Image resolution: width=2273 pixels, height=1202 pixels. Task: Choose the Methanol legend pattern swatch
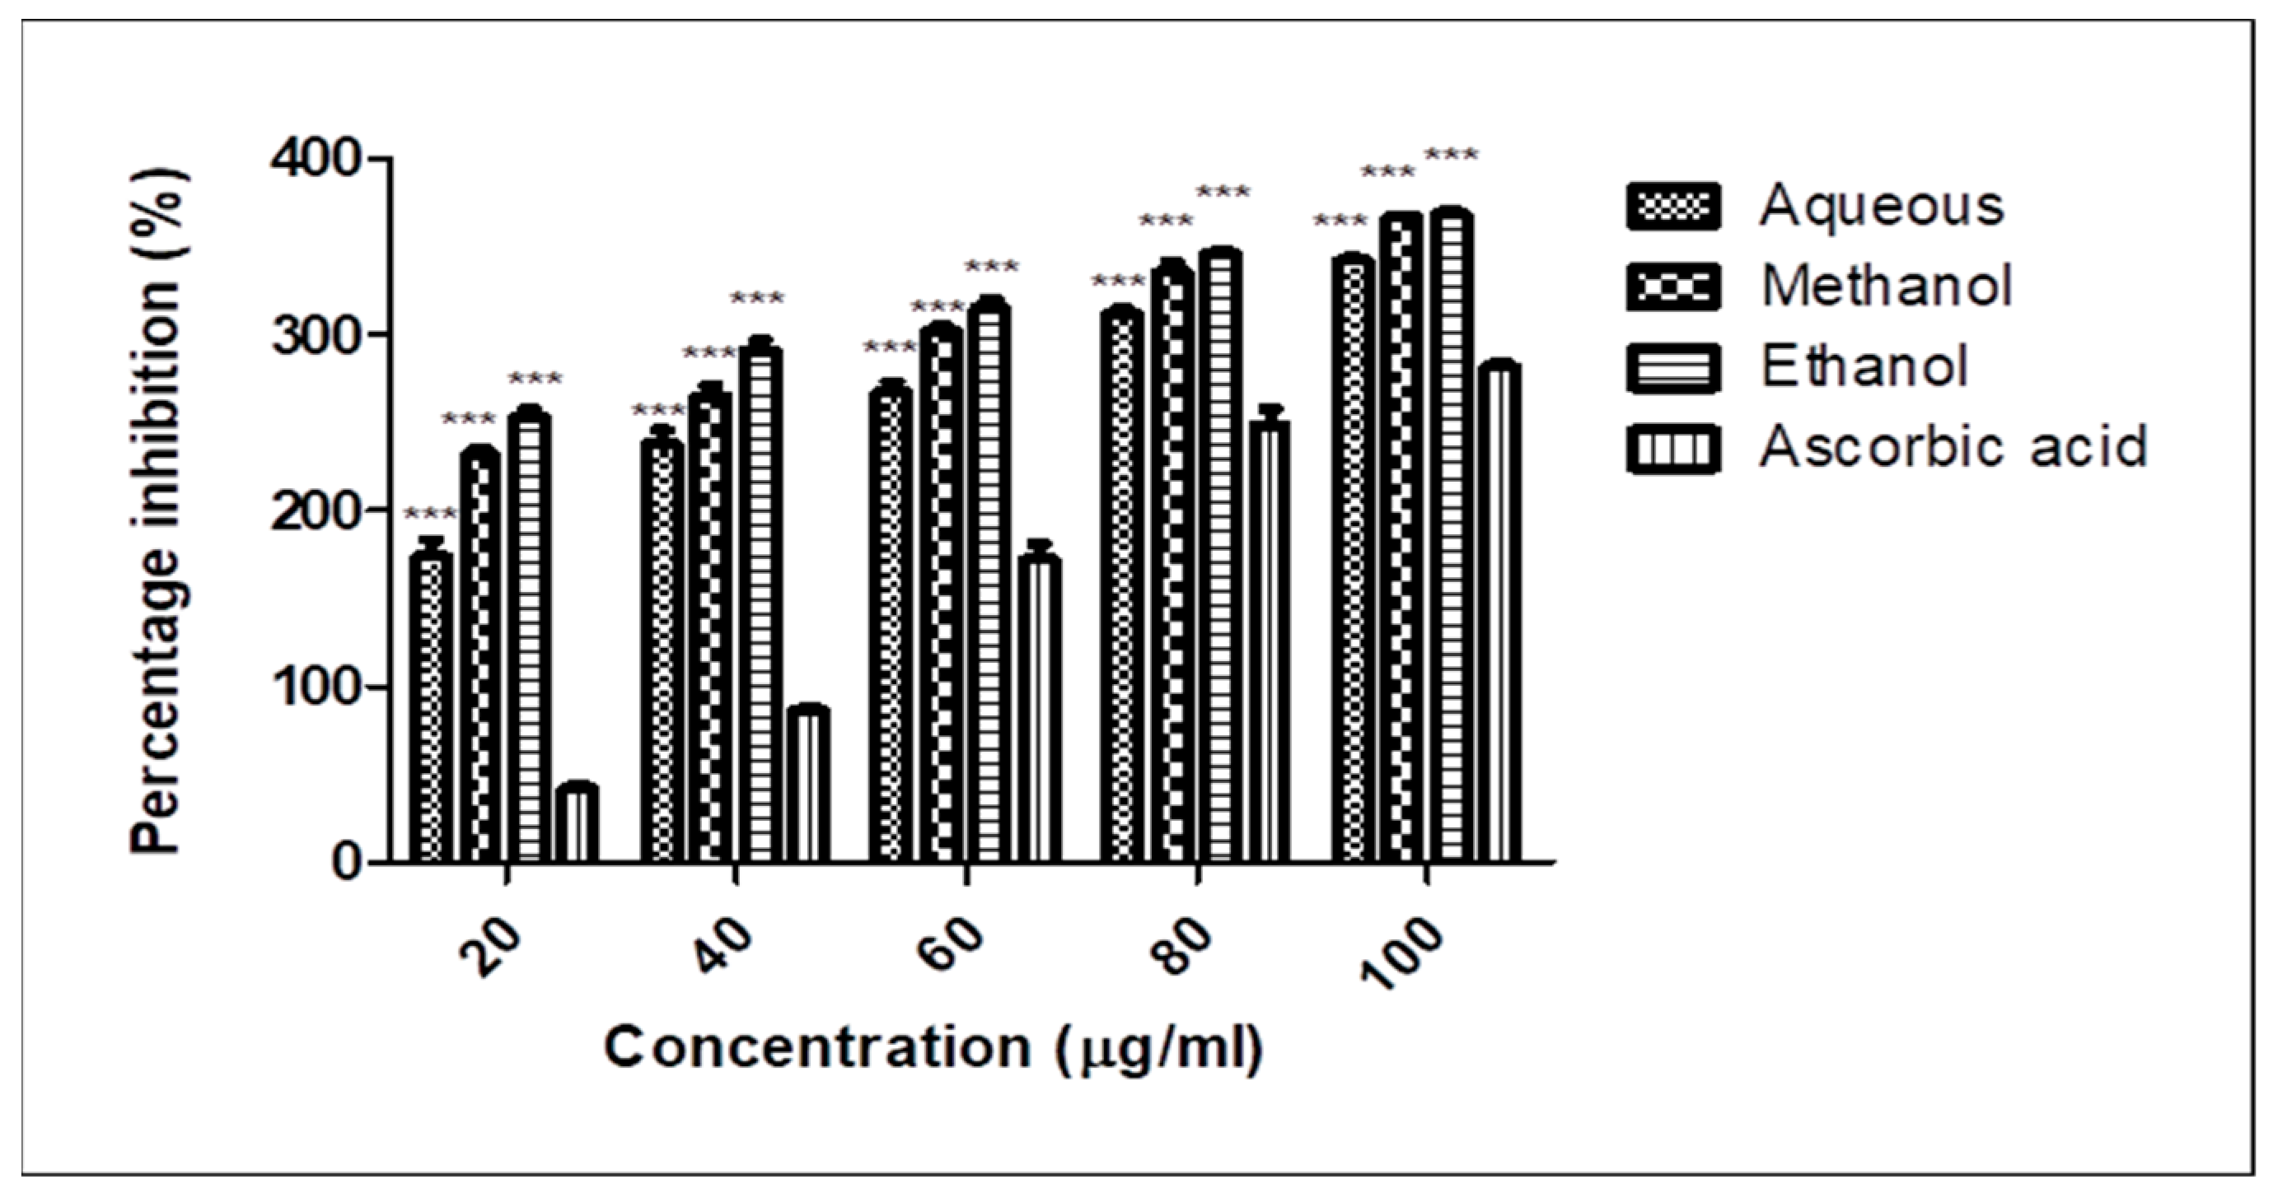(1673, 287)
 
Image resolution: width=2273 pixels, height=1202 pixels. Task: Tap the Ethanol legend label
(1864, 366)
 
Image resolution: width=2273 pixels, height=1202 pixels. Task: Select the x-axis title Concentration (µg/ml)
(933, 1049)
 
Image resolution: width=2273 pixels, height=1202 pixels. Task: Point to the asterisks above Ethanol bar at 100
(1452, 157)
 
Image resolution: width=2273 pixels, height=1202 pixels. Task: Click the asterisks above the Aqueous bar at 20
(431, 513)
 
